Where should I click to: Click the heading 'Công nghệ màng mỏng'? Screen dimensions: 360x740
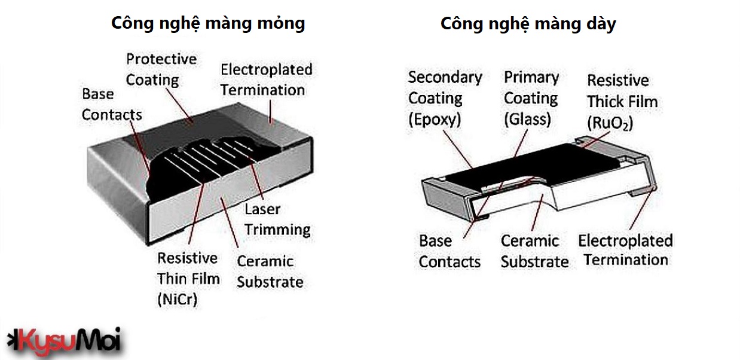point(208,23)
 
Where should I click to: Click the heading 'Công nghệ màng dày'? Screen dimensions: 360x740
point(528,24)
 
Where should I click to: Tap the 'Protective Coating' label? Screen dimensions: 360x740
point(161,69)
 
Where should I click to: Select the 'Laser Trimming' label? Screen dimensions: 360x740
point(277,219)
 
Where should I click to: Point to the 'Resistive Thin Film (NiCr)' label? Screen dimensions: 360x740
point(188,279)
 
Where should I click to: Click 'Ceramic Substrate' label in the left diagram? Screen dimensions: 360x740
point(270,271)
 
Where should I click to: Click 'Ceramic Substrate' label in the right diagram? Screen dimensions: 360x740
point(534,251)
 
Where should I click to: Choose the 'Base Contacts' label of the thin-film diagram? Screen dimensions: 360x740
point(112,104)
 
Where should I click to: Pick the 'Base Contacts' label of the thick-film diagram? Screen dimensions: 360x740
point(449,251)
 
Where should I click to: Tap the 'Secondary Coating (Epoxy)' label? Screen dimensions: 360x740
point(445,98)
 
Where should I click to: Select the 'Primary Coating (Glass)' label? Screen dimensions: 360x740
point(531,98)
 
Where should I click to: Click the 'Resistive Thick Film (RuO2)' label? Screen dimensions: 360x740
point(622,101)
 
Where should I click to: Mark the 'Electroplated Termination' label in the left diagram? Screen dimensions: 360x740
point(266,80)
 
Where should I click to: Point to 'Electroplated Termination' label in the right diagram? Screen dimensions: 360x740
point(625,250)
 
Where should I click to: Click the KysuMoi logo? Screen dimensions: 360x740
point(64,339)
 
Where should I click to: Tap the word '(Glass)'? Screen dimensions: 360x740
point(527,118)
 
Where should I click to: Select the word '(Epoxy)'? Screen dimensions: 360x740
point(435,119)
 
